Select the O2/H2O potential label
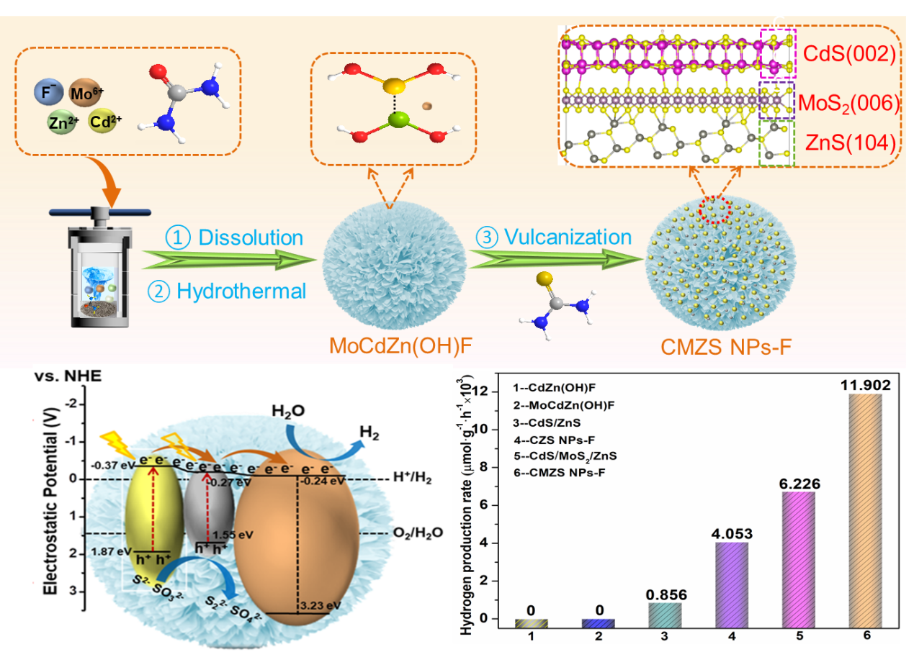pos(416,533)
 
